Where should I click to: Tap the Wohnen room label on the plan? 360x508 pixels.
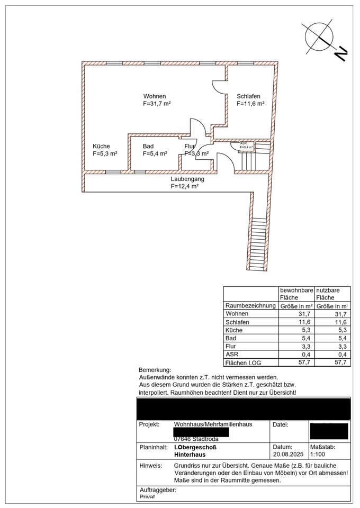click(x=155, y=96)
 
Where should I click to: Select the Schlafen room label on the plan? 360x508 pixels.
click(x=248, y=96)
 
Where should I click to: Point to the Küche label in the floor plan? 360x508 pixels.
click(x=101, y=146)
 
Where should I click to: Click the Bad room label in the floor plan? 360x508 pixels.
click(x=148, y=146)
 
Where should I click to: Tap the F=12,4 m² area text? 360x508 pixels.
click(x=184, y=186)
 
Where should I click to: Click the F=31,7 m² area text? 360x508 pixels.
click(x=157, y=104)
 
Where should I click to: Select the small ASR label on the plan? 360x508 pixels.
click(x=243, y=143)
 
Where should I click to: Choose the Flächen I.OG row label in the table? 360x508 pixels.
click(x=243, y=362)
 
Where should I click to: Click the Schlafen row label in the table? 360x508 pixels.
click(x=237, y=322)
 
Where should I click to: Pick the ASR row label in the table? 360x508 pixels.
click(x=231, y=354)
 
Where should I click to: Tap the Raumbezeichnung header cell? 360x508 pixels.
click(x=250, y=305)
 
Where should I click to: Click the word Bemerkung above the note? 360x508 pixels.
click(x=155, y=369)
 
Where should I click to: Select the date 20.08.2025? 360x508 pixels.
click(x=286, y=454)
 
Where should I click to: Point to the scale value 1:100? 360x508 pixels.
click(x=318, y=454)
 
